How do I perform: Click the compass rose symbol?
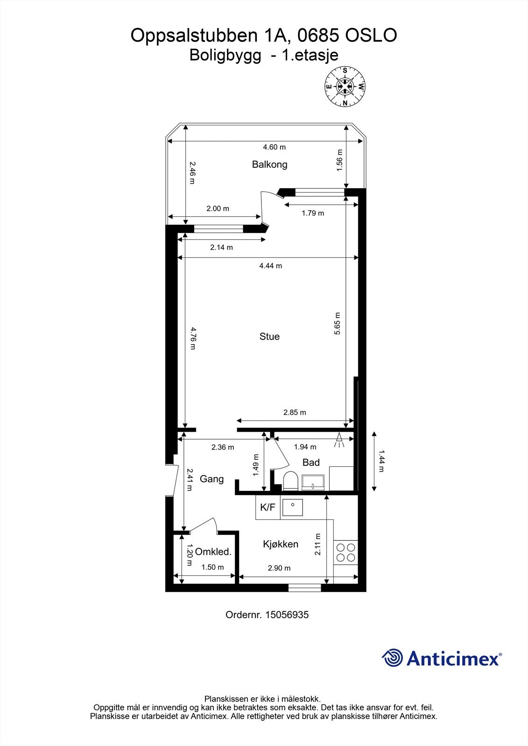tap(345, 86)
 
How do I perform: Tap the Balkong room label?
tap(269, 164)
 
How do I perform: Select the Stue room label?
tap(269, 336)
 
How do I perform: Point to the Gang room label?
tap(211, 479)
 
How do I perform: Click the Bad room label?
tap(311, 463)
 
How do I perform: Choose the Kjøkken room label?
tap(281, 544)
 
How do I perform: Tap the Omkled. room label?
tap(213, 552)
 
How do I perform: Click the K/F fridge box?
tap(268, 507)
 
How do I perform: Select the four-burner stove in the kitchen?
tap(346, 552)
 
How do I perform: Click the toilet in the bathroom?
tap(290, 481)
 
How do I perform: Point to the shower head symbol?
tap(339, 440)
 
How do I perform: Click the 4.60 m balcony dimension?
tap(274, 147)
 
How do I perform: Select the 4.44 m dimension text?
tap(271, 266)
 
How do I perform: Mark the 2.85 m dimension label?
tap(295, 412)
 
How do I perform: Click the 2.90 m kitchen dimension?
tap(279, 568)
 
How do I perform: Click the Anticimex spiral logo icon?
tap(392, 658)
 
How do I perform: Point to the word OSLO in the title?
tap(371, 35)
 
